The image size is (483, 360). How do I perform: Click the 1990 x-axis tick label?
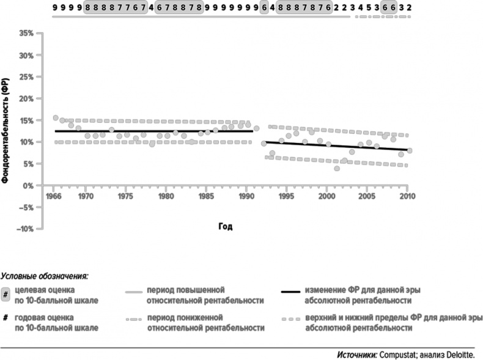[x=246, y=197]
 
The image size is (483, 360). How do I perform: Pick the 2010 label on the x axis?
[x=407, y=197]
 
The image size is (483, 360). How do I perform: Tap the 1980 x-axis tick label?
[x=166, y=197]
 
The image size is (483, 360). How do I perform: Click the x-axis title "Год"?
[x=225, y=226]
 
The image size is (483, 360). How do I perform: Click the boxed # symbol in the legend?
[x=6, y=294]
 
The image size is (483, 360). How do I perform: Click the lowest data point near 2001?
[x=336, y=168]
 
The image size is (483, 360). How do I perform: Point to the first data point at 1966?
[x=56, y=118]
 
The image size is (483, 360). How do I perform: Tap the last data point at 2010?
[x=409, y=150]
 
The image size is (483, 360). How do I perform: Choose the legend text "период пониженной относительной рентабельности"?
[x=205, y=323]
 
